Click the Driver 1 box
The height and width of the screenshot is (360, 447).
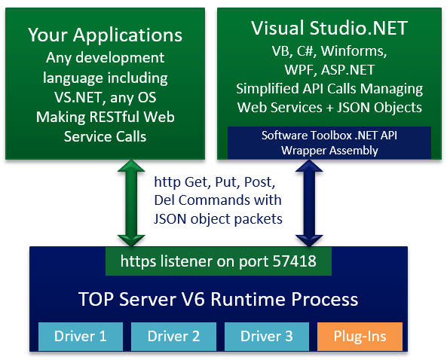click(79, 336)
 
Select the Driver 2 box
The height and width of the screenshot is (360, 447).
click(173, 336)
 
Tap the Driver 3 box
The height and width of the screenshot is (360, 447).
click(265, 336)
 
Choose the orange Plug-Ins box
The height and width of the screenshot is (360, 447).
click(360, 336)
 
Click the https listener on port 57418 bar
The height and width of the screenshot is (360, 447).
click(219, 261)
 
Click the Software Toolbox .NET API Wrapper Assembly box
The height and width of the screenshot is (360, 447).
click(329, 142)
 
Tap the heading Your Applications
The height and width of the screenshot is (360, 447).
click(106, 35)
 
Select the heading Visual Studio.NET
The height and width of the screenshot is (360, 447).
click(329, 29)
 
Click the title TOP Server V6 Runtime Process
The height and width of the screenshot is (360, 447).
click(219, 299)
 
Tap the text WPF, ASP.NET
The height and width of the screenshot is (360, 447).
click(329, 70)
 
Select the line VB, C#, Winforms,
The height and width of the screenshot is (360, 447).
click(329, 51)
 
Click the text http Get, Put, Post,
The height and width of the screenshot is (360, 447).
click(216, 182)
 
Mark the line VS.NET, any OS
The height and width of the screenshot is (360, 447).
click(106, 97)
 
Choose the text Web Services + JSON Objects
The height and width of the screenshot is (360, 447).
click(329, 107)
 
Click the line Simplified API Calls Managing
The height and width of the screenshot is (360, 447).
click(329, 89)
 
